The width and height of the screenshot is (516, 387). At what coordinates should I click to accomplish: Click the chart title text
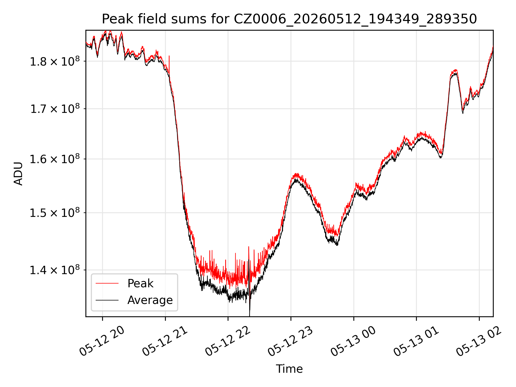point(289,19)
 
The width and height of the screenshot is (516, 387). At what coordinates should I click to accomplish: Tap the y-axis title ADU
point(18,173)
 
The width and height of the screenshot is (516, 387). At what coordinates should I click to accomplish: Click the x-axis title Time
point(289,369)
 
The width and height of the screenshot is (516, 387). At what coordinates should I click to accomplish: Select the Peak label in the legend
point(140,284)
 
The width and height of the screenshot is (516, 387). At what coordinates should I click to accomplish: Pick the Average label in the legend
point(150,300)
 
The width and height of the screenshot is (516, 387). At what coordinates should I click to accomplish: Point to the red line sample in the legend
point(107,283)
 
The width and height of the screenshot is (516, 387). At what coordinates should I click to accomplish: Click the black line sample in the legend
point(107,300)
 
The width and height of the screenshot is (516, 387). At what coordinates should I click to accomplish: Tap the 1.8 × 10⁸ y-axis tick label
point(55,61)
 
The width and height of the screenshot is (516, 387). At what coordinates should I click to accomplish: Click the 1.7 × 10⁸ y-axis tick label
point(55,109)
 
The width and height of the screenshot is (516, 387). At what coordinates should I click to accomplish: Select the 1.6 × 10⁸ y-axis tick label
point(55,159)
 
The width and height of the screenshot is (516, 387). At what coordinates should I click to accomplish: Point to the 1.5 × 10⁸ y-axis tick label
point(55,213)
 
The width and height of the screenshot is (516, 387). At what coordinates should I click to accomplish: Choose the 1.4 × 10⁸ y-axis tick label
point(55,270)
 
